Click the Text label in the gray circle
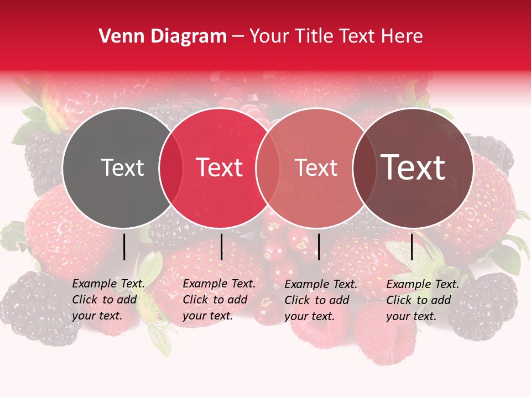tap(122, 167)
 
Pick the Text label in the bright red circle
tap(220, 167)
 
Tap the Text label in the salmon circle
tap(316, 167)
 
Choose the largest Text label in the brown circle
tap(413, 167)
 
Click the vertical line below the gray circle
tap(124, 247)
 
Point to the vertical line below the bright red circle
tap(221, 247)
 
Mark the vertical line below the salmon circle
tap(319, 247)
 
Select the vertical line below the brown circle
tap(412, 247)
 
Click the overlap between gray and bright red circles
tap(171, 168)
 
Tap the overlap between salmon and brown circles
tap(365, 168)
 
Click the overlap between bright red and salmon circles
tap(268, 168)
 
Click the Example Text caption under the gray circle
tap(108, 300)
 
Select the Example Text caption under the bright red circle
tap(218, 300)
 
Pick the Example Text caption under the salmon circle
tap(320, 300)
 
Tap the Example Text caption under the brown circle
tap(422, 300)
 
